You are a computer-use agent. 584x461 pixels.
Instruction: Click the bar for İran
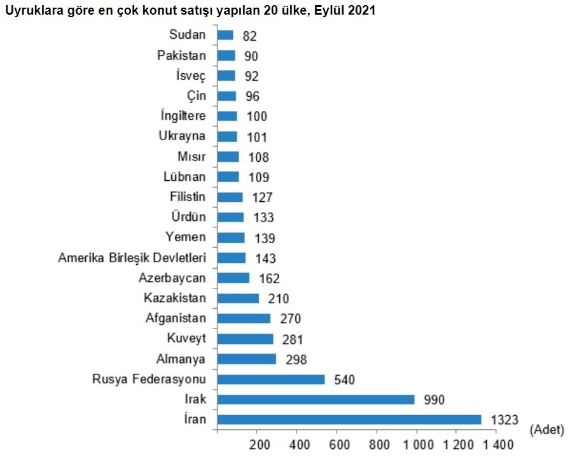tap(349, 420)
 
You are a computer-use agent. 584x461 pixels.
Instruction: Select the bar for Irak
tap(316, 399)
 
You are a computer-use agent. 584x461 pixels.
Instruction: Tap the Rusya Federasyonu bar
tap(271, 379)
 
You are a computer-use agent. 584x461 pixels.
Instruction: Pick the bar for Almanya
tap(247, 359)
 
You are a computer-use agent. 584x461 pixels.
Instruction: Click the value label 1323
tap(505, 420)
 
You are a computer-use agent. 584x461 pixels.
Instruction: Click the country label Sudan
tap(188, 34)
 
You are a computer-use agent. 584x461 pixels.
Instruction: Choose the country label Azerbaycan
tap(172, 278)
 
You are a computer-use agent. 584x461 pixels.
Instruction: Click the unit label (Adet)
tap(546, 430)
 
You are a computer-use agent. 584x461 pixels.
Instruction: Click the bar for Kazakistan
tap(239, 298)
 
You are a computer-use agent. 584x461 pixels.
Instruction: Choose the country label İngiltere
tap(183, 116)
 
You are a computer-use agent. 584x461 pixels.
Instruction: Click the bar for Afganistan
tap(244, 318)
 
